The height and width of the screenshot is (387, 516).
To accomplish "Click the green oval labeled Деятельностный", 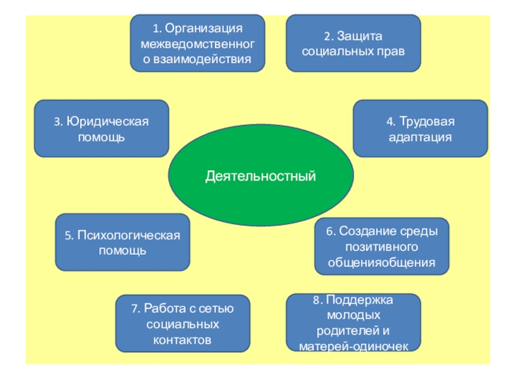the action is coord(261,175).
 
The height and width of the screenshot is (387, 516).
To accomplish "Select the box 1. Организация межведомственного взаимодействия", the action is coord(197,43).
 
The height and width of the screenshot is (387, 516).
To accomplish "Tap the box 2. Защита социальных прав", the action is coord(353,43).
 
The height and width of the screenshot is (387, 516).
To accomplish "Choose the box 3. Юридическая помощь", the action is coord(101,128).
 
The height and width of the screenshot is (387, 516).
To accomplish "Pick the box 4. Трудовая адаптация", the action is coord(420,128).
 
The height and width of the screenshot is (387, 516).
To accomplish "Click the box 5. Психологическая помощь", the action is coord(123,242).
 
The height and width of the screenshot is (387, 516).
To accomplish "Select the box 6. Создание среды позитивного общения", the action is coord(381,246).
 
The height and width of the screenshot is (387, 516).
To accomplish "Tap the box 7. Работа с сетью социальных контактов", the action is coord(183,324).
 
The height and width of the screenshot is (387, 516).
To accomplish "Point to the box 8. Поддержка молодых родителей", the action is coord(353,322).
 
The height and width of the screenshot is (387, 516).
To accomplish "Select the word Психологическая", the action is coord(128,235).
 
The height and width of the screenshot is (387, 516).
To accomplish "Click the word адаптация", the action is coord(420,137).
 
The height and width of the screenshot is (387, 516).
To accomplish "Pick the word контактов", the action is coord(183,339).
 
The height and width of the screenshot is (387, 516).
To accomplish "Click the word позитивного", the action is coord(381,247).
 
